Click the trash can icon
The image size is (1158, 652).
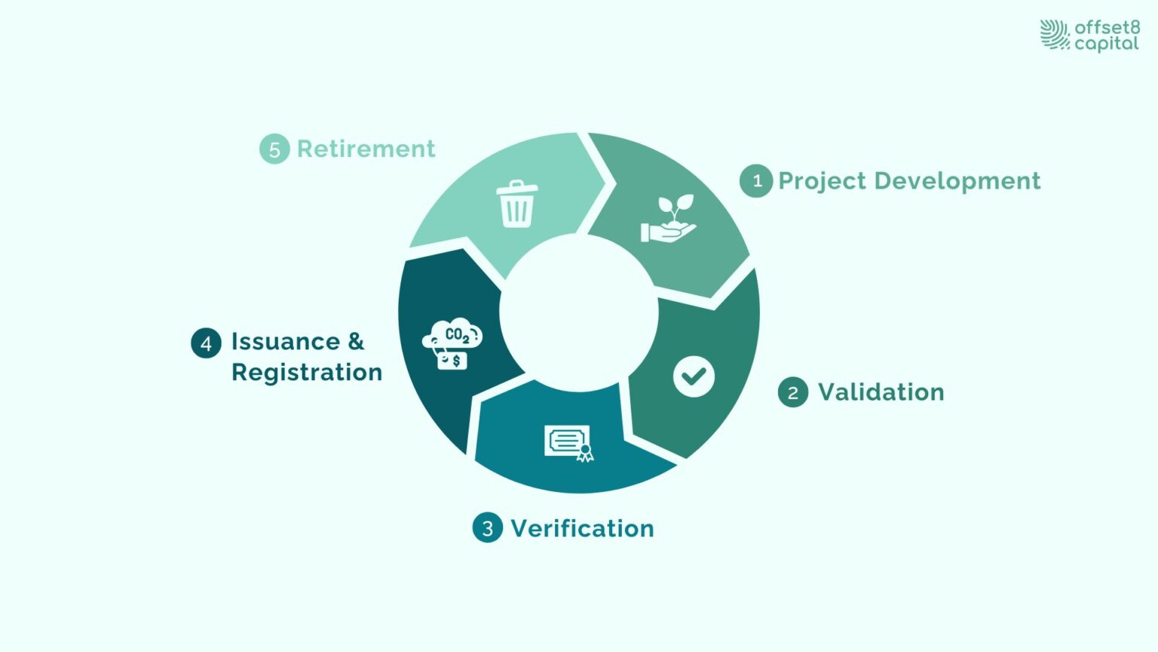click(517, 204)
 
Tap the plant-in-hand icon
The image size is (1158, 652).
click(669, 218)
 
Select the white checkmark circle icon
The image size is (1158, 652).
click(694, 377)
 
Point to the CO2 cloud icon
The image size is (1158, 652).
click(452, 343)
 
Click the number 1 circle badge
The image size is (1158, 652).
click(756, 181)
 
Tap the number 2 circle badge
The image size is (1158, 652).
click(793, 392)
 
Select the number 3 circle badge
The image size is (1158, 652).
click(488, 527)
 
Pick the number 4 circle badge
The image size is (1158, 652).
click(207, 343)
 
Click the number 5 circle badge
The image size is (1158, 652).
click(274, 149)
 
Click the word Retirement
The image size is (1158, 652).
click(366, 149)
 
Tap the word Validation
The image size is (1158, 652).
click(881, 392)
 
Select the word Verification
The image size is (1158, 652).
click(583, 528)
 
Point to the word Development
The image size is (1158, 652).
click(957, 182)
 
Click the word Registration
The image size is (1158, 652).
click(307, 374)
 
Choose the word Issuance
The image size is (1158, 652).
click(286, 342)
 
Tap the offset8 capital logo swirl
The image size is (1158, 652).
click(1055, 35)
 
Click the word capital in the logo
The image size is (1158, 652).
click(1107, 44)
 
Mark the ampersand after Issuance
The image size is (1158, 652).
click(356, 342)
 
